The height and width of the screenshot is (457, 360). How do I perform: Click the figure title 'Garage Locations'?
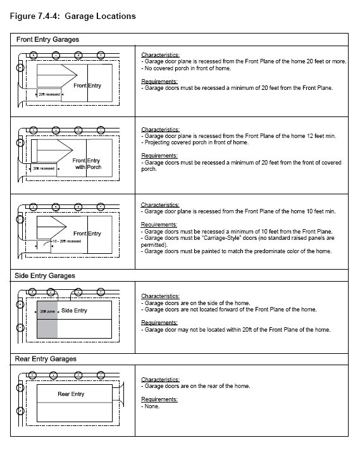pos(100,16)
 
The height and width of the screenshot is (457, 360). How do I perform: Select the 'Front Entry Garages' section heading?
pos(47,39)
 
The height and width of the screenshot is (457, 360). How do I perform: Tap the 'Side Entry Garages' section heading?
pos(45,276)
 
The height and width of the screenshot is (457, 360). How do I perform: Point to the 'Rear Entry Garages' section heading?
pos(46,359)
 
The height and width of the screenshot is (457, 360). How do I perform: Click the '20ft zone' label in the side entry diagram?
pos(47,311)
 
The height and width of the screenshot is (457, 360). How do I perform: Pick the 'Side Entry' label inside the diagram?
pos(74,311)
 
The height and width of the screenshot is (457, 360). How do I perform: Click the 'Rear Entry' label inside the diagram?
pos(71,394)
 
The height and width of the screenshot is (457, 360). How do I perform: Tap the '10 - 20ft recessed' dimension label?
pos(66,241)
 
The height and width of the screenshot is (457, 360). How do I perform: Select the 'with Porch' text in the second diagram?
pos(88,167)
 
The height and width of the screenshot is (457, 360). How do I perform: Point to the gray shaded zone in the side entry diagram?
pos(47,320)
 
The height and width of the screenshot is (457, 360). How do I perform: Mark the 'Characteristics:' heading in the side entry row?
pos(160,296)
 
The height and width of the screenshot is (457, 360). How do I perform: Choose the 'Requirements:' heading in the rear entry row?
pos(159,399)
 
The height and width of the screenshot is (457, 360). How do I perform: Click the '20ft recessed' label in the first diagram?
pos(49,94)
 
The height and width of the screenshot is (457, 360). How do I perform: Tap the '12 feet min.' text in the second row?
pos(321,136)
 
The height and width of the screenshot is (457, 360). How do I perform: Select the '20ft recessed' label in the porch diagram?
pos(44,168)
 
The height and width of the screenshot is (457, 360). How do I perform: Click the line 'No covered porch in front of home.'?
pos(186,68)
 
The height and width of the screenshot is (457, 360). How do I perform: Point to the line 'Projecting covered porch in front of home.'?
pos(195,142)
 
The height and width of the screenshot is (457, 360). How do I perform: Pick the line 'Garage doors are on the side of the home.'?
pos(196,303)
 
